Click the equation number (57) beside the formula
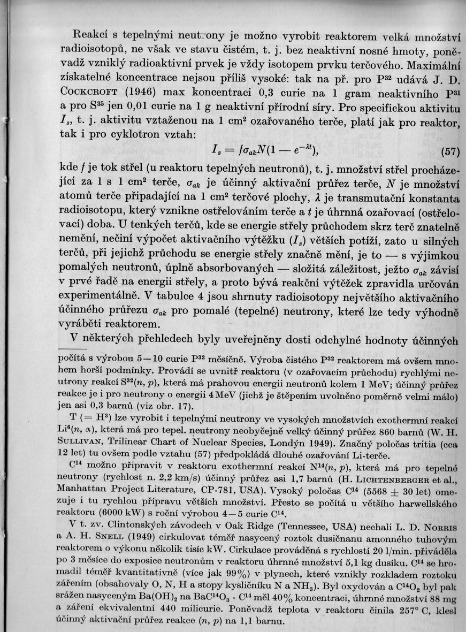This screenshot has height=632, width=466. [x=449, y=151]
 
